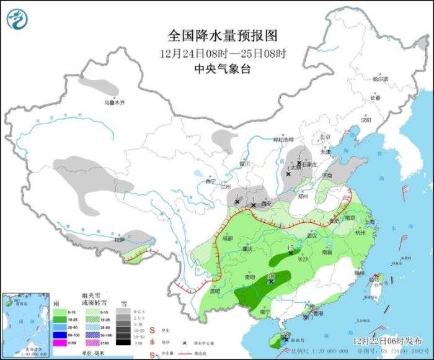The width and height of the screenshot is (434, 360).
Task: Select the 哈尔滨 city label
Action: tap(380, 79)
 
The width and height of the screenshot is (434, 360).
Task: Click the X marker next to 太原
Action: tap(288, 174)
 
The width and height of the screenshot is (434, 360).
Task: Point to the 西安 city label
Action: tap(265, 203)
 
